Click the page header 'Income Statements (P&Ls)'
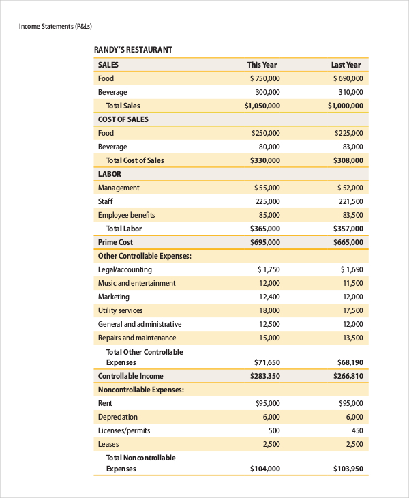click(55, 27)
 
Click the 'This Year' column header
click(262, 65)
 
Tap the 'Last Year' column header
click(346, 65)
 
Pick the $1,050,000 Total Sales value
click(262, 106)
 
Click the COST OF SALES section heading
click(123, 119)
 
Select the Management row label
click(119, 188)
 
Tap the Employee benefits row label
click(127, 215)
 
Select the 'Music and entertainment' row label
click(136, 283)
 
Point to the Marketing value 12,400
click(269, 297)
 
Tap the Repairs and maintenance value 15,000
click(269, 338)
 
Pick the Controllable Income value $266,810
click(348, 376)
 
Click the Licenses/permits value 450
click(357, 430)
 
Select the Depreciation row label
click(118, 417)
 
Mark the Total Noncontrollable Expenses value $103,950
click(348, 469)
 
